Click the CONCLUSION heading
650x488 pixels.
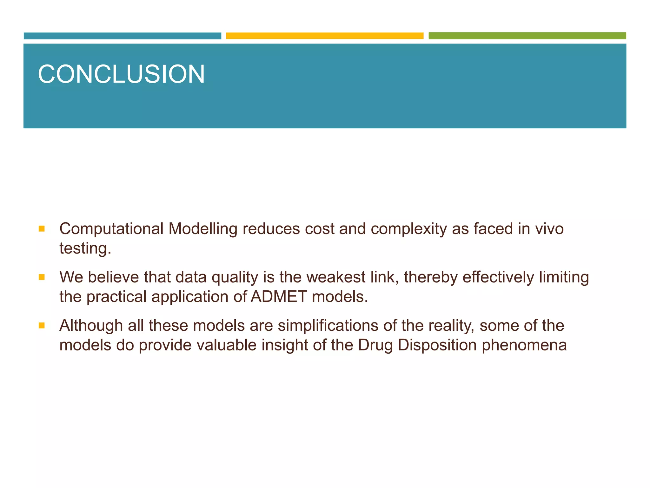(x=121, y=74)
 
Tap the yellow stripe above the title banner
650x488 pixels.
(x=324, y=36)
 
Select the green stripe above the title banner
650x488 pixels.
(x=527, y=36)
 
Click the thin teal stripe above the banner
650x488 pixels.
(x=122, y=36)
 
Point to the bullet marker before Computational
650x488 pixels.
(x=42, y=229)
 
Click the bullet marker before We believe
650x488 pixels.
(x=42, y=277)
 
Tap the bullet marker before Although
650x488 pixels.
(x=42, y=326)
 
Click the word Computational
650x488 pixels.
(x=111, y=229)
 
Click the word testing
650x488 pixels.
(x=85, y=248)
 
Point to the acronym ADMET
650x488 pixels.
(x=279, y=297)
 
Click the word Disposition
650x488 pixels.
(x=437, y=345)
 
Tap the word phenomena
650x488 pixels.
(x=524, y=345)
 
